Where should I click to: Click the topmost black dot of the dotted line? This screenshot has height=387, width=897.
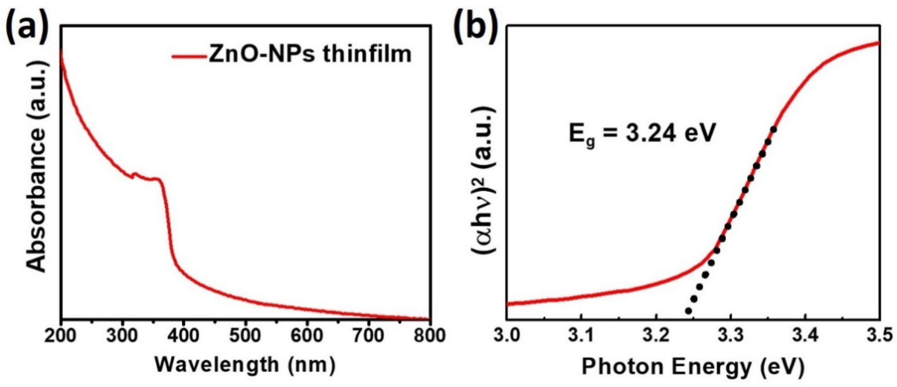click(774, 130)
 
